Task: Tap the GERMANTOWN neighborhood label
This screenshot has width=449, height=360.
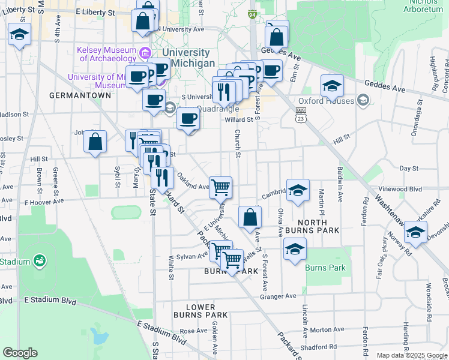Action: pos(80,95)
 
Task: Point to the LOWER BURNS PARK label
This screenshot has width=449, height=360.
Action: pos(200,310)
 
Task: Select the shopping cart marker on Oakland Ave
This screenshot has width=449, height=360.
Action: pos(221,187)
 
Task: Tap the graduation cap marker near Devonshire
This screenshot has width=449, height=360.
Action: pos(415,232)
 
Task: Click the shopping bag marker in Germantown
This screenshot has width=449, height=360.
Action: pos(95,142)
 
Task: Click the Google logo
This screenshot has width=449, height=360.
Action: pos(20,353)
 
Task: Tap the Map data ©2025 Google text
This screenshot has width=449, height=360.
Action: pos(411,355)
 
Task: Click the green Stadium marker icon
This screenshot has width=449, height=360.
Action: pos(40,260)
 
